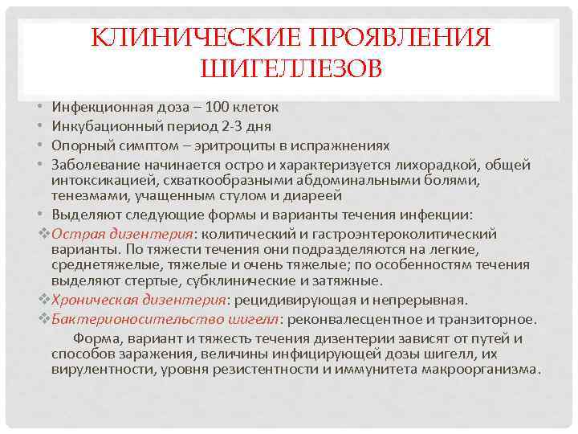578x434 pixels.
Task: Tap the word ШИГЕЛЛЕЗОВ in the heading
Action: (290, 70)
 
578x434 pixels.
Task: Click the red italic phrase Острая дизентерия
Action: (122, 234)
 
